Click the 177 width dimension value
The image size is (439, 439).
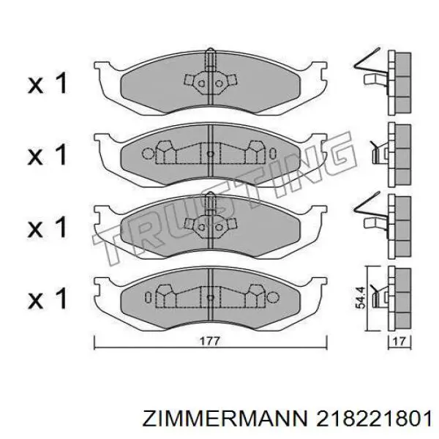210,340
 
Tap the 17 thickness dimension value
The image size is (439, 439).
399,340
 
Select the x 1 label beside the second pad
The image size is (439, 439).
48,154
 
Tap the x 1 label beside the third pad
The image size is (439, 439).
48,226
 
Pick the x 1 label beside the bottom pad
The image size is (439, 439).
48,298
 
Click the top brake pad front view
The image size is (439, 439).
210,83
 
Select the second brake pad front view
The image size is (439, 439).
210,154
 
